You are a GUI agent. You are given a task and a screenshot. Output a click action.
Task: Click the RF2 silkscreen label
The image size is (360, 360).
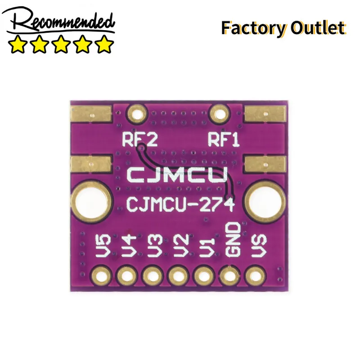tap(140, 139)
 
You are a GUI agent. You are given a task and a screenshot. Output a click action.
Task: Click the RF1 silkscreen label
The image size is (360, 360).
tap(223, 139)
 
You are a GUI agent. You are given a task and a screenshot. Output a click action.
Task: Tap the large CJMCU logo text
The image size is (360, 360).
tap(177, 175)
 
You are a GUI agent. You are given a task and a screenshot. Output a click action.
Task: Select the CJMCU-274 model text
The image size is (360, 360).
tap(180, 205)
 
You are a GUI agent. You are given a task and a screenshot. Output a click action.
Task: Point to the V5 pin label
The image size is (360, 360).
tap(103, 246)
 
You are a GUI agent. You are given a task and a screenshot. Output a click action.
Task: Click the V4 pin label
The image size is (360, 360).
tap(129, 246)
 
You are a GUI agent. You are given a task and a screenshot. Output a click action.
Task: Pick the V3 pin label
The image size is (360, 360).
tap(155, 246)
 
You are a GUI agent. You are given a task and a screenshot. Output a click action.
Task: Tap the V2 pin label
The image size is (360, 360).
tap(181, 246)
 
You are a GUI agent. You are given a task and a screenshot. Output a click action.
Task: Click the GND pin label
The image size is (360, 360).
tap(233, 239)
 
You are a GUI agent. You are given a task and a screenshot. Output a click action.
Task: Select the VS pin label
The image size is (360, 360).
tap(259, 246)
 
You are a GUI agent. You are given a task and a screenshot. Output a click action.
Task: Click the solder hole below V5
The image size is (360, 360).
tap(101, 275)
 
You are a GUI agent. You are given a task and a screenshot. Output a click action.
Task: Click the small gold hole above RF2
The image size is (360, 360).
tap(137, 114)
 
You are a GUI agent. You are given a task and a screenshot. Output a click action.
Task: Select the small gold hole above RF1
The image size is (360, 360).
tap(220, 114)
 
